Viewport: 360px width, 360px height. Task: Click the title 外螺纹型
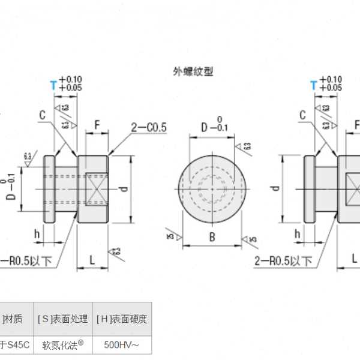click(193, 71)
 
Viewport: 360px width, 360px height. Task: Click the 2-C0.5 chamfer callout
click(149, 127)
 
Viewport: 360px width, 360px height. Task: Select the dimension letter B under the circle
click(212, 237)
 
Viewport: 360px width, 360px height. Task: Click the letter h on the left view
click(37, 235)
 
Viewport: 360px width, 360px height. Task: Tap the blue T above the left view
click(53, 85)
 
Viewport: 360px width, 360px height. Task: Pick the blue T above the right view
click(313, 85)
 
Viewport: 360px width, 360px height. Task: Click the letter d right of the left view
click(123, 188)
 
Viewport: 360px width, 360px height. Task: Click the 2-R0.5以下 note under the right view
click(283, 260)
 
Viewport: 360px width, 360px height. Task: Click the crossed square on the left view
click(97, 188)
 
